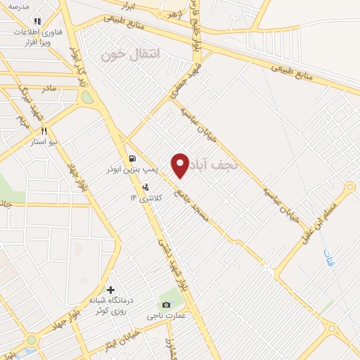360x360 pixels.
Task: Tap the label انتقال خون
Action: (131, 54)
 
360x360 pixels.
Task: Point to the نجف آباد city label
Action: (214, 164)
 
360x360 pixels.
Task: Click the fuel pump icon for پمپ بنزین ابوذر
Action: (131, 158)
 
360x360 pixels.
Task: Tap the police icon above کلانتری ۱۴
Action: (146, 187)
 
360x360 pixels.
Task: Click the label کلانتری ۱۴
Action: (146, 198)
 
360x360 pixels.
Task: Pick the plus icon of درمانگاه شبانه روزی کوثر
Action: (110, 289)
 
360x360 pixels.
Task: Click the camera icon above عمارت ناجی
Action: (166, 304)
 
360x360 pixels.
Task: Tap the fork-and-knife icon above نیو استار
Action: (44, 131)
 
